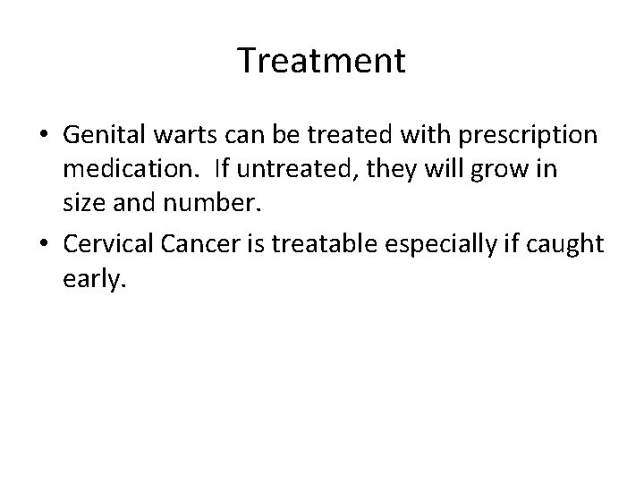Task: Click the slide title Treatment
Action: click(322, 61)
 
